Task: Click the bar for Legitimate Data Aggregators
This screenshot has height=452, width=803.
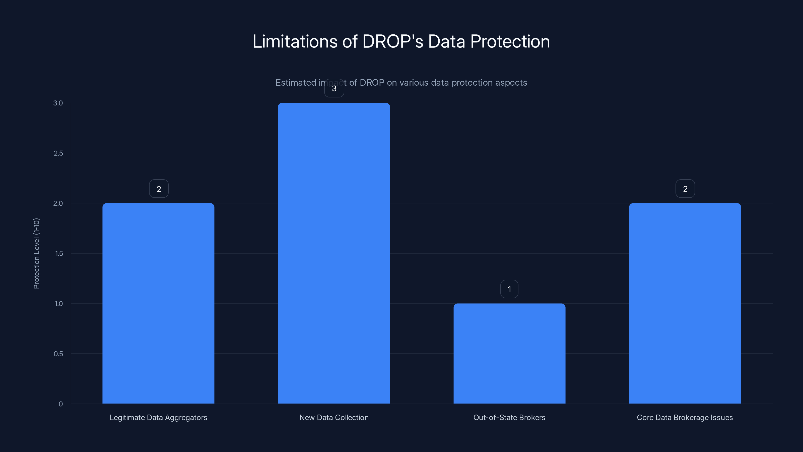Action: pyautogui.click(x=158, y=303)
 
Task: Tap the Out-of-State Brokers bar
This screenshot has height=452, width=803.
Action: pyautogui.click(x=509, y=353)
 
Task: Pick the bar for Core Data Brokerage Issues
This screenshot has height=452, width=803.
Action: pyautogui.click(x=685, y=303)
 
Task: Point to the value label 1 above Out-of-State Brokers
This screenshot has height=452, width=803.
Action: pyautogui.click(x=509, y=289)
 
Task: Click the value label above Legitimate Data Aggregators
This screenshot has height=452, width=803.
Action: pyautogui.click(x=159, y=189)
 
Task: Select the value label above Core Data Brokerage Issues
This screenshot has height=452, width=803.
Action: pyautogui.click(x=685, y=189)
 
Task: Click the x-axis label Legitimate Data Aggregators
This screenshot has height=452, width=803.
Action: pyautogui.click(x=158, y=417)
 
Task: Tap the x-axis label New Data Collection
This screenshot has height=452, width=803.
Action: pyautogui.click(x=334, y=417)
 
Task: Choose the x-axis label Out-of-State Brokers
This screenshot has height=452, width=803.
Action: pyautogui.click(x=509, y=417)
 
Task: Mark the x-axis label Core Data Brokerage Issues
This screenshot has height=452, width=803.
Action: pyautogui.click(x=685, y=417)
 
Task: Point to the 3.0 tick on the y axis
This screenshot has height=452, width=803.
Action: pyautogui.click(x=58, y=103)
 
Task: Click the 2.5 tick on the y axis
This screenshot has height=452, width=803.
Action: pyautogui.click(x=58, y=153)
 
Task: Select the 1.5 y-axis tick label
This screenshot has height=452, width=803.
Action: pyautogui.click(x=59, y=253)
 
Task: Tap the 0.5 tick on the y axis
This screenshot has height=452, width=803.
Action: pyautogui.click(x=58, y=354)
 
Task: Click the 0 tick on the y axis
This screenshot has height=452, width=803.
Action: pyautogui.click(x=61, y=404)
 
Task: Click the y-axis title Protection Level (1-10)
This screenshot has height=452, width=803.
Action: pyautogui.click(x=36, y=253)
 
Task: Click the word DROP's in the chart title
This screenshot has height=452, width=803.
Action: pyautogui.click(x=393, y=41)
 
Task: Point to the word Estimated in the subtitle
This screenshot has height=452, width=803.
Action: pyautogui.click(x=296, y=83)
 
